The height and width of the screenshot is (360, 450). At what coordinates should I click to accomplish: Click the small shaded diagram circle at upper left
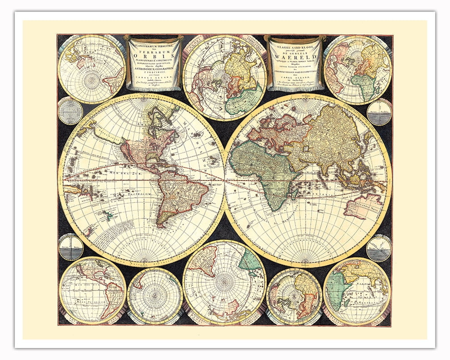tap(70, 111)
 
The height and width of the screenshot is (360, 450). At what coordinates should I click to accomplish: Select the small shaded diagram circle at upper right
tap(379, 112)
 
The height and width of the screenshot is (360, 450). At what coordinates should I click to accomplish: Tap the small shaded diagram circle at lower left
tap(71, 247)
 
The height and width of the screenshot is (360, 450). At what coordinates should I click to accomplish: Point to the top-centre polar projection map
tap(225, 77)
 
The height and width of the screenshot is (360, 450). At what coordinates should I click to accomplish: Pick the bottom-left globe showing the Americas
tap(92, 290)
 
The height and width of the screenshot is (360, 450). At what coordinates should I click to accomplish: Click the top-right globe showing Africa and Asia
tap(357, 70)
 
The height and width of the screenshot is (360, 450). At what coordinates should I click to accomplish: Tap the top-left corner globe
tap(92, 69)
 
